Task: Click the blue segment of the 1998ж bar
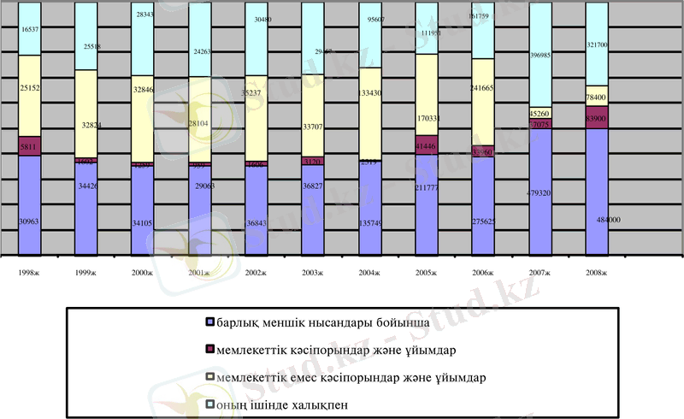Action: tap(30, 205)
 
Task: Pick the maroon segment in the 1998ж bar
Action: tap(30, 146)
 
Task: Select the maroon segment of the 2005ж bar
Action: tap(427, 145)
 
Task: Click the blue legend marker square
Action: tap(210, 322)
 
